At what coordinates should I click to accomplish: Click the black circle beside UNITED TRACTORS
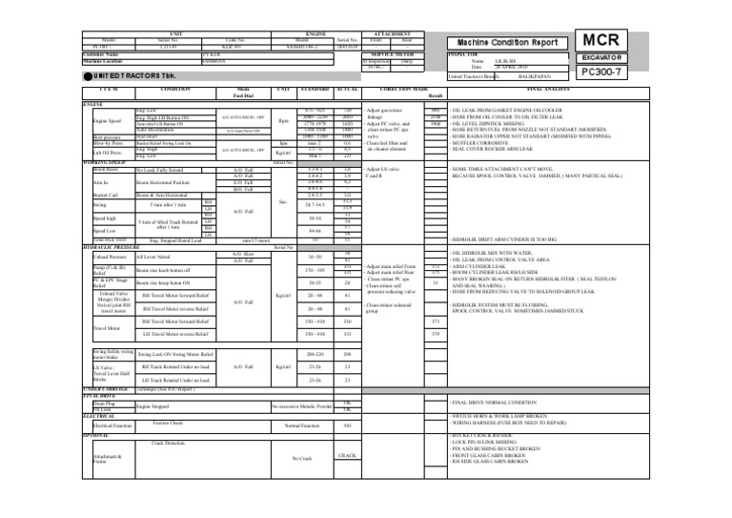tap(8, 75)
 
